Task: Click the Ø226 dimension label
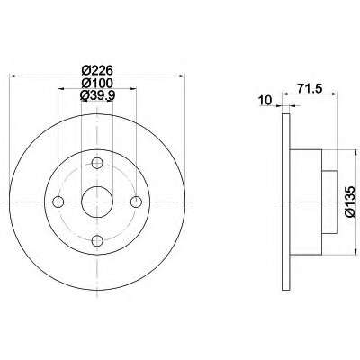(x=97, y=70)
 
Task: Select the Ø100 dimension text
(x=97, y=83)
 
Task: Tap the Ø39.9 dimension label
(x=97, y=95)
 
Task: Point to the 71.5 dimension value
(x=310, y=88)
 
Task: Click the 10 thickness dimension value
(x=265, y=100)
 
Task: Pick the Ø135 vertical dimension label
(x=350, y=202)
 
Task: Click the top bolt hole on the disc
(x=97, y=163)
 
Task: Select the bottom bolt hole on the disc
(x=97, y=240)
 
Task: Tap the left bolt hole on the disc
(x=58, y=202)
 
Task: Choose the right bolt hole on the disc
(x=136, y=202)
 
